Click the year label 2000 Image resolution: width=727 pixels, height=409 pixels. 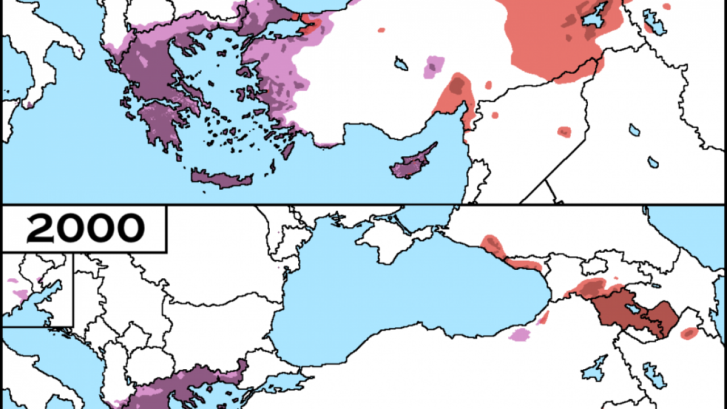[85, 228]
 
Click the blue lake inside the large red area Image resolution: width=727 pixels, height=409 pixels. [595, 16]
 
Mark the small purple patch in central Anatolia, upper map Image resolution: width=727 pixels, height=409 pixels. [434, 66]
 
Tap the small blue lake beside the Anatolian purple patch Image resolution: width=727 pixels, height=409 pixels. [401, 63]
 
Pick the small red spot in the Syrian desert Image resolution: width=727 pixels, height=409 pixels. [563, 132]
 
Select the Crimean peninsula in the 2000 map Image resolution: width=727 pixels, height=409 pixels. [392, 239]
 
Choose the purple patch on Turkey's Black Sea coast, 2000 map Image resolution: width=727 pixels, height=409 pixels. [519, 335]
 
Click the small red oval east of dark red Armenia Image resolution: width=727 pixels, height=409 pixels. [689, 333]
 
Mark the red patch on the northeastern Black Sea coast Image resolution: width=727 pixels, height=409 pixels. [493, 244]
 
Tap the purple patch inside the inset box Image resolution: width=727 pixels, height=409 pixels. [20, 294]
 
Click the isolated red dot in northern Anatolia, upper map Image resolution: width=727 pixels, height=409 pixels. [381, 30]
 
